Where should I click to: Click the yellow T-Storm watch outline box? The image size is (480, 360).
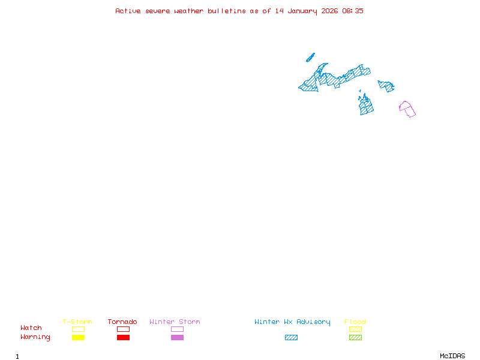tap(78, 329)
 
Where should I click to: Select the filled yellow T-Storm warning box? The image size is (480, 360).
tap(78, 338)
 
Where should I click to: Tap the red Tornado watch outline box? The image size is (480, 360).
tap(123, 329)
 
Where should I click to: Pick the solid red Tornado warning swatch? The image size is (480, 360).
tap(123, 338)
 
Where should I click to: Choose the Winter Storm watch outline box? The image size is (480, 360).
tap(177, 329)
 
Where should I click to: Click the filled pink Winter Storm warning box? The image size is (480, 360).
tap(177, 338)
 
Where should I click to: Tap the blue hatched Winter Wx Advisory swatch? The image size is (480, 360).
tap(291, 338)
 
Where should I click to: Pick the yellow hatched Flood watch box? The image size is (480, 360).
tap(355, 329)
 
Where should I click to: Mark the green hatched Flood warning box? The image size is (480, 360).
tap(355, 338)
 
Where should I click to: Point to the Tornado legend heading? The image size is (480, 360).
tap(122, 322)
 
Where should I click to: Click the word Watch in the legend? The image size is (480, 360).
tap(31, 328)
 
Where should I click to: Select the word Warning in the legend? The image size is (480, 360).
tap(35, 337)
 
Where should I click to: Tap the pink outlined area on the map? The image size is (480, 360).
tap(407, 109)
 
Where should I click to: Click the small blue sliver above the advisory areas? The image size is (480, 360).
tap(310, 58)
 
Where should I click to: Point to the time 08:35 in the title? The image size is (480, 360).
tap(353, 11)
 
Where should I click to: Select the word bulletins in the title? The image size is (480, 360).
tap(226, 11)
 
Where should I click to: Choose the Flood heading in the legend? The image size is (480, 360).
tap(355, 322)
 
